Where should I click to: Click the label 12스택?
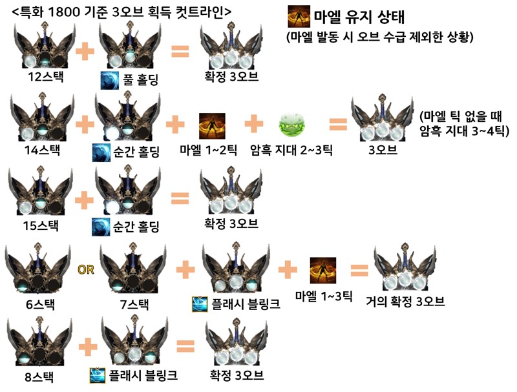pos(45,77)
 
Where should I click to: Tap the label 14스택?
pos(43,150)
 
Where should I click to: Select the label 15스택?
pos(41,225)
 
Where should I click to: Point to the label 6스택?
pos(40,304)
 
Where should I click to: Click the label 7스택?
pos(134,304)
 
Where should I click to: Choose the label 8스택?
pos(39,377)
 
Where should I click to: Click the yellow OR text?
pos(86,270)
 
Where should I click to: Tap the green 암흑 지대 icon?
pos(292,125)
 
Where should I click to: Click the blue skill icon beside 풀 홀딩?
pos(110,80)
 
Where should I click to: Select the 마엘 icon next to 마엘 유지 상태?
pos(299,16)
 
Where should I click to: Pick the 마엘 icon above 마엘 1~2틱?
pos(212,126)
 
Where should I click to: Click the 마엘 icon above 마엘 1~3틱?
pos(323,271)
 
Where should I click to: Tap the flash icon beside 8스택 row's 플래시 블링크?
pos(98,375)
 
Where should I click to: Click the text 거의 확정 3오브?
pos(405,302)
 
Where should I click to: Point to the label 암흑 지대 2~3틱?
pos(291,150)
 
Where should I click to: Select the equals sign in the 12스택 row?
pos(180,52)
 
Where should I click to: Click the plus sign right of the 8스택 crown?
pos(88,347)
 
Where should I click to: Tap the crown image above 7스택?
pos(133,268)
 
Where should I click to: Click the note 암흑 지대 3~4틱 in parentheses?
pos(464,131)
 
